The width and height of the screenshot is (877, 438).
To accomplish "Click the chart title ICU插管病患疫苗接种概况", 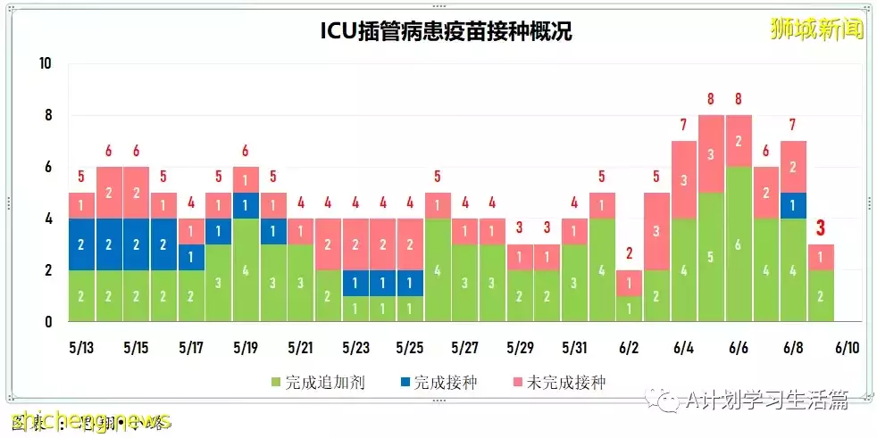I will (x=446, y=32).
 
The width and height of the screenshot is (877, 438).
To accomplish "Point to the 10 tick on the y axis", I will (x=46, y=64).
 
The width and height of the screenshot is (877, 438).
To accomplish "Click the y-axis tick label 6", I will (x=48, y=168).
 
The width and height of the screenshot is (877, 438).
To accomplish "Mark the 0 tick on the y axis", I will (x=48, y=321).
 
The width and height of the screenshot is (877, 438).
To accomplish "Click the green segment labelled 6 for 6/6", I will (x=739, y=244).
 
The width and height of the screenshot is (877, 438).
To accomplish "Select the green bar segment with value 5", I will (x=711, y=257).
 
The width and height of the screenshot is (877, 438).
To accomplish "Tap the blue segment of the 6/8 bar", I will (x=794, y=205).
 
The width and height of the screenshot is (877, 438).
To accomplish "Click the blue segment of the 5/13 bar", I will (x=80, y=244).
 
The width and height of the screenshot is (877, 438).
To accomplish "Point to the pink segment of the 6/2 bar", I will (x=629, y=283).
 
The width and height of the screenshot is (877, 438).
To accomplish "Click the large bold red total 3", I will (x=821, y=228).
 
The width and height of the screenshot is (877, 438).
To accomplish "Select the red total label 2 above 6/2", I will (x=629, y=253).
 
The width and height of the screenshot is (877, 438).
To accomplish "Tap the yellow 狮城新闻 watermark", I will (x=817, y=29).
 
